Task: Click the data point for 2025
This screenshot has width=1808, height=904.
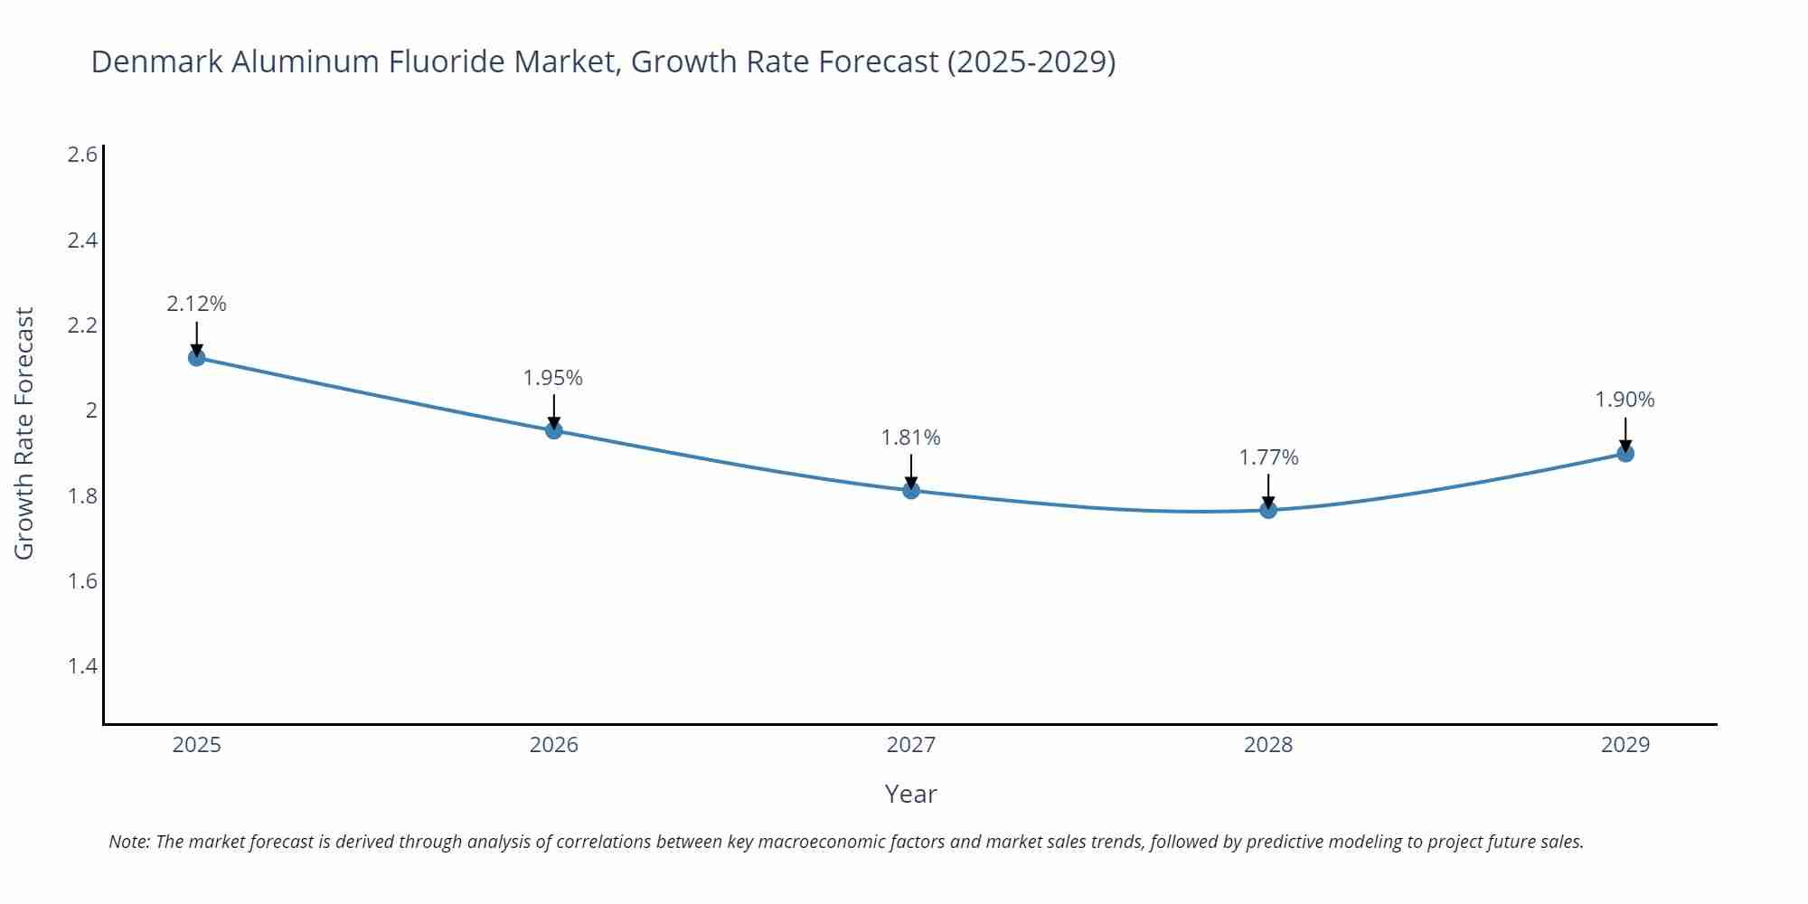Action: [x=196, y=357]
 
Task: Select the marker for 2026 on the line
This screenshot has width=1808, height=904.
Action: [x=554, y=430]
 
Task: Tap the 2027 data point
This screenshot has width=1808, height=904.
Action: [x=911, y=490]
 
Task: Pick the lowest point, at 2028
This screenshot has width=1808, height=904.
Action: [x=1268, y=510]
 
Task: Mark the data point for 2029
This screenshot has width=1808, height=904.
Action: [x=1625, y=453]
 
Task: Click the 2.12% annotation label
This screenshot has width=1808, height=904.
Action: [x=196, y=304]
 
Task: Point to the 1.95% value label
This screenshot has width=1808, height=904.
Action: [x=553, y=378]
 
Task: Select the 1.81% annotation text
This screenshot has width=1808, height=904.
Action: [x=911, y=438]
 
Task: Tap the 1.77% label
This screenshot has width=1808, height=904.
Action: [x=1268, y=457]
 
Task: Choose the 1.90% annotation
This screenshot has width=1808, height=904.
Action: [x=1624, y=400]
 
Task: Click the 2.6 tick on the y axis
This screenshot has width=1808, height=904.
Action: [x=82, y=155]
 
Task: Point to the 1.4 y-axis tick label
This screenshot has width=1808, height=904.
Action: [x=82, y=666]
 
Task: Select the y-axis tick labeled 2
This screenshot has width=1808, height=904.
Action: [x=90, y=410]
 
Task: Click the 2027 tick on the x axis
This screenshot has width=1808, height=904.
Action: [x=911, y=745]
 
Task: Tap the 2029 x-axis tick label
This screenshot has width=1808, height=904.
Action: [x=1625, y=745]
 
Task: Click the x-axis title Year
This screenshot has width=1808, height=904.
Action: [x=910, y=794]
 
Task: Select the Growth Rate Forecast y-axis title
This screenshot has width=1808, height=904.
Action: [x=24, y=433]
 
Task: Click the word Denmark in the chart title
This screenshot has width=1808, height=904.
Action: [x=157, y=61]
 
